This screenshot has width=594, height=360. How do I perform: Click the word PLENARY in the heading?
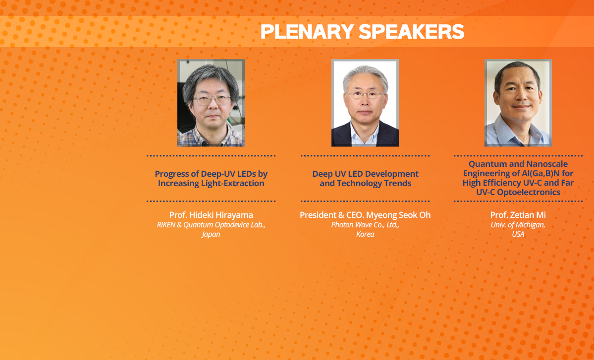coord(307,32)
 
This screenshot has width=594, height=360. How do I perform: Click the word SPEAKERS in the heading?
coord(411,32)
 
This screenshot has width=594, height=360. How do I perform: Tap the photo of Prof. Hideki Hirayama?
coord(211,103)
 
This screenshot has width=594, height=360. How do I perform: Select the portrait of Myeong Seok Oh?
coord(365,103)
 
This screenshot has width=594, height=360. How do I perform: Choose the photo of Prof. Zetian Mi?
coord(518,103)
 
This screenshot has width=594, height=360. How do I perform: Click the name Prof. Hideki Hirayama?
coord(211,215)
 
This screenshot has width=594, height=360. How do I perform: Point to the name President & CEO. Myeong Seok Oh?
coord(365,215)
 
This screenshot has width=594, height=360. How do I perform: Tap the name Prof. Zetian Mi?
coord(518,215)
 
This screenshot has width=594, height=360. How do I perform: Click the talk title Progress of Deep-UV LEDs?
coord(211,179)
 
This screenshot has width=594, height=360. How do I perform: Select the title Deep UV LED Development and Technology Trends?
coord(365,179)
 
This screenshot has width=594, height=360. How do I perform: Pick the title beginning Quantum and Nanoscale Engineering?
coord(518,178)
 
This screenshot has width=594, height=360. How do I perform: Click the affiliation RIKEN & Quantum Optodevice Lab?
coord(211,225)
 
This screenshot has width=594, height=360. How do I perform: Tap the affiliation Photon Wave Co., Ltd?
coord(365,225)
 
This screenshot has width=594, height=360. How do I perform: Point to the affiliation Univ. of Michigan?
coord(518,225)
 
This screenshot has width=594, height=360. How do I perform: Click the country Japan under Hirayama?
coord(211,234)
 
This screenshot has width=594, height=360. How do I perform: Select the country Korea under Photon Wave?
coord(365,234)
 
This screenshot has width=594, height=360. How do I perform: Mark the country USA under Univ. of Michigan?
coord(518,234)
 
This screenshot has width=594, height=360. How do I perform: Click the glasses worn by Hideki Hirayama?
coord(212,100)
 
